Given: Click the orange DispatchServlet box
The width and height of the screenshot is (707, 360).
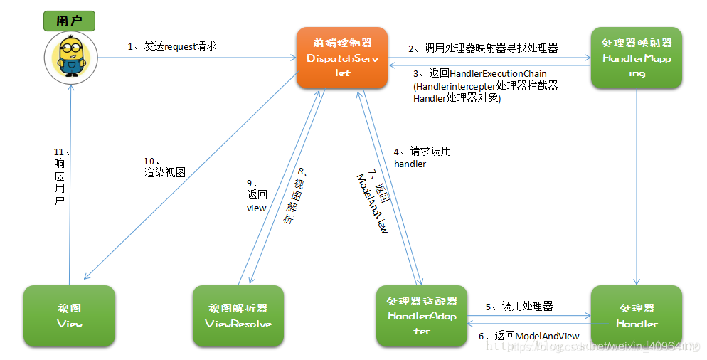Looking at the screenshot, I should [x=342, y=58].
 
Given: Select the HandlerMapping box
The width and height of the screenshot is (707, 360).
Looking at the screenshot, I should [x=636, y=58].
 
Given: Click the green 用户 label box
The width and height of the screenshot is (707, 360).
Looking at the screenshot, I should [x=70, y=22].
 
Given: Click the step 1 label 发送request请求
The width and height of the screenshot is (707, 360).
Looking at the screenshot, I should [x=172, y=46].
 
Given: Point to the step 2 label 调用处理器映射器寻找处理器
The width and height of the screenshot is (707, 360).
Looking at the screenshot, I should [x=482, y=48].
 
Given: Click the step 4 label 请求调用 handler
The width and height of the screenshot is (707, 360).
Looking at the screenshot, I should [x=422, y=157].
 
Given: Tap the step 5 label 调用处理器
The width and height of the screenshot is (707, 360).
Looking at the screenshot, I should [x=519, y=307].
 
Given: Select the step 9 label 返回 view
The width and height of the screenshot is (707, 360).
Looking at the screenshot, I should [x=256, y=194].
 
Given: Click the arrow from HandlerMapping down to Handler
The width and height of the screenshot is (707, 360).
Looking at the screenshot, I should [x=637, y=185].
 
